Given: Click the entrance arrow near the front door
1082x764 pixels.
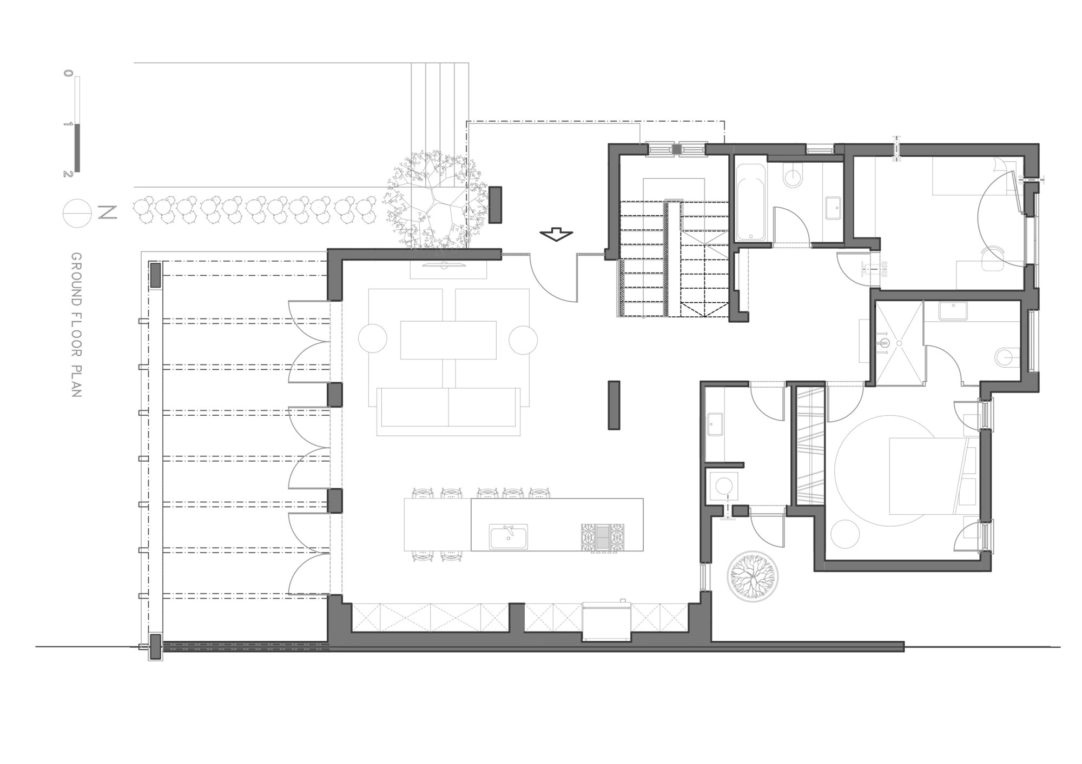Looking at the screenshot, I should coord(556,235).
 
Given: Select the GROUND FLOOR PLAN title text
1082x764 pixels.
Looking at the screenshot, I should coord(76,325).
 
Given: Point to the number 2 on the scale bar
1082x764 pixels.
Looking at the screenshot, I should coord(67,174).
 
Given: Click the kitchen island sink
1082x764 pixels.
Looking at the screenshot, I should coord(509,536).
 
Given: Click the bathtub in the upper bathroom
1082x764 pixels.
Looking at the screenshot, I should coord(750,203).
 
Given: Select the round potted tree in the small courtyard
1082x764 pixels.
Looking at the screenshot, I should coord(753,576).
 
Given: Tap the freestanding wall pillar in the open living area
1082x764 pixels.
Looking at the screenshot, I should coord(613,405).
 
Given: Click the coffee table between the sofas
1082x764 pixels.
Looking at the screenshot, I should coord(448,340).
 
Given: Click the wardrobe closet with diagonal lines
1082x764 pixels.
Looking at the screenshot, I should coord(809,443).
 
